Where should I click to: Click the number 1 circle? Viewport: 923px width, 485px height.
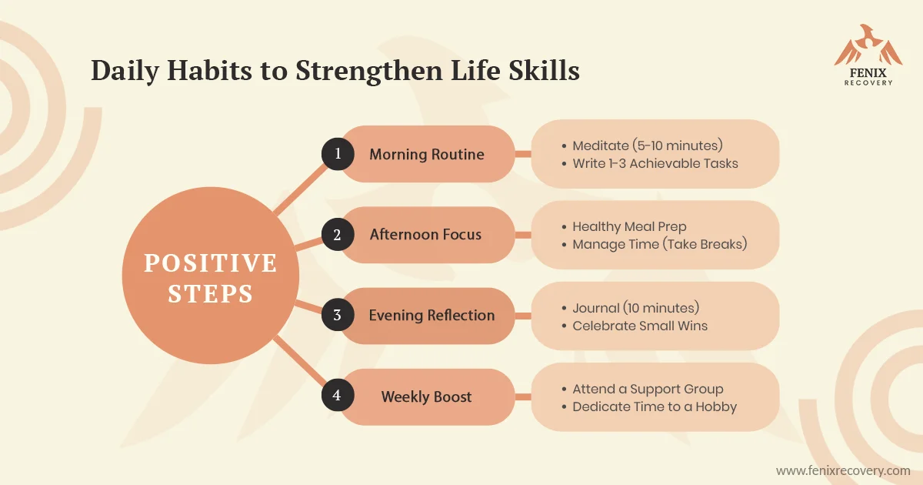pos(338,154)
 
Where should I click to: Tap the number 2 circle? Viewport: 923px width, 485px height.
pos(338,234)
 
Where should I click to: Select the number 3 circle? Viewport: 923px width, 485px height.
pos(338,315)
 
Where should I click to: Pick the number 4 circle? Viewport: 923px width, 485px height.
pos(338,395)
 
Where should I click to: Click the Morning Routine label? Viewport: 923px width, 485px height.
pos(426,154)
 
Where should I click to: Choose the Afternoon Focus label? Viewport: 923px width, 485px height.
pos(425,234)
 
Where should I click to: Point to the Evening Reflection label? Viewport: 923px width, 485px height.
pos(432,315)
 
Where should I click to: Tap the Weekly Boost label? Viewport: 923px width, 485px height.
pos(426,396)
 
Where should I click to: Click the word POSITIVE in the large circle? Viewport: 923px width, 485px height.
pos(211,263)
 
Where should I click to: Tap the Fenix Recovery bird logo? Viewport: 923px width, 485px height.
pos(868,45)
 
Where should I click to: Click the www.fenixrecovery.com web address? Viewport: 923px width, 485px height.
pos(843,470)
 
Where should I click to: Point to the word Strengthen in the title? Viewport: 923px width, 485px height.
pos(369,71)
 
